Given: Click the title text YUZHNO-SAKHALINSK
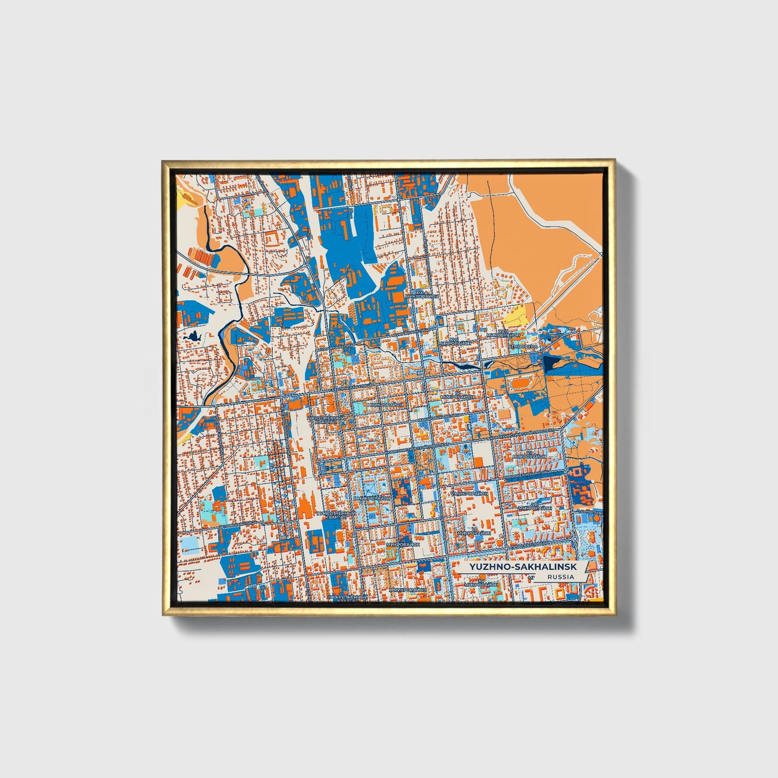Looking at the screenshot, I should click(x=515, y=567).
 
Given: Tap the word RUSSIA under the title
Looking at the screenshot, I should click(x=560, y=577).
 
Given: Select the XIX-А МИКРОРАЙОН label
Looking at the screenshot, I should click(x=423, y=294).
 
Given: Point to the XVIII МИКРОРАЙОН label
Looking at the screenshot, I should click(x=504, y=334).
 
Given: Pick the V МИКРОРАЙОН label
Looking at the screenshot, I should click(x=469, y=492).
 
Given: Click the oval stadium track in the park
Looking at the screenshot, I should click(x=520, y=383).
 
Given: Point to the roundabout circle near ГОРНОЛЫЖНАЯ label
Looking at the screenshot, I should click(x=575, y=537).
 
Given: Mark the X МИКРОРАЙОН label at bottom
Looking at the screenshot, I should click(x=407, y=590).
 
